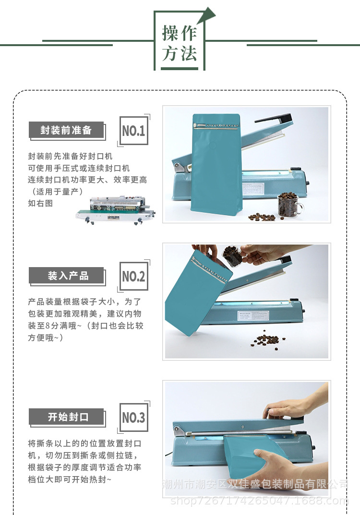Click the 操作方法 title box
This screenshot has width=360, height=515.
180,42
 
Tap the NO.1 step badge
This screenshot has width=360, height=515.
133,131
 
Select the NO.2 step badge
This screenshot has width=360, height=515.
133,276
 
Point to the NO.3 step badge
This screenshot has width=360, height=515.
133,417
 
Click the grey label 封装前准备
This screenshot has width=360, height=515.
66,130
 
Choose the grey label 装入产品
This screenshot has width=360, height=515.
66,276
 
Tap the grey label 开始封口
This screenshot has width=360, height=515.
66,417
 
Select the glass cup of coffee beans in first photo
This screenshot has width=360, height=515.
290,204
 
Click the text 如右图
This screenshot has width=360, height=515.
40,203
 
